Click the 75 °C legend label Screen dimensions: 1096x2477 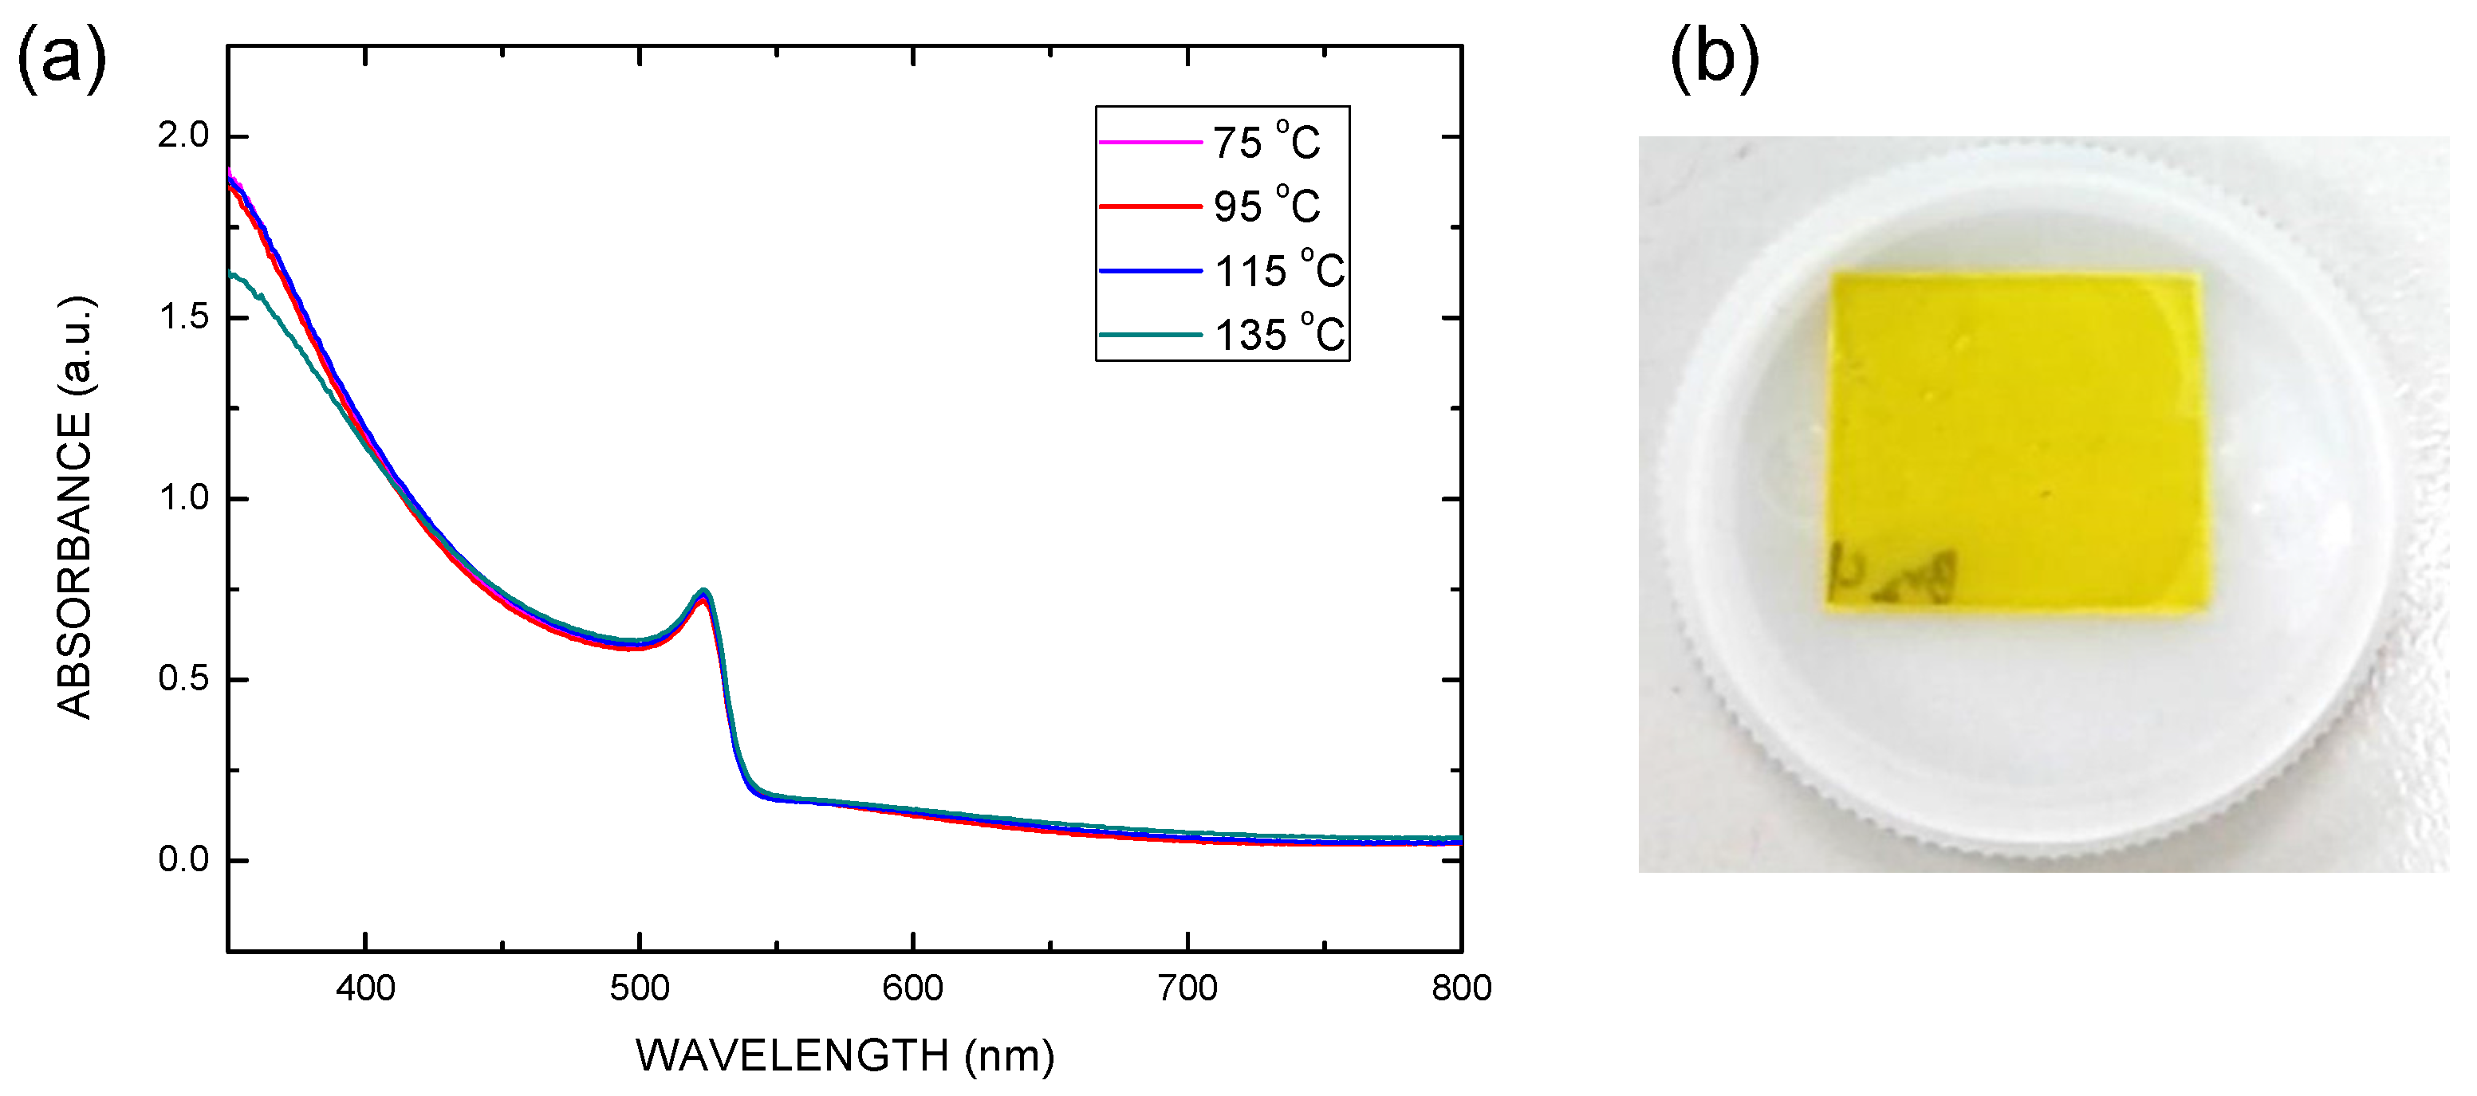tap(1266, 143)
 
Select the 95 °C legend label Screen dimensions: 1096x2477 tap(1266, 206)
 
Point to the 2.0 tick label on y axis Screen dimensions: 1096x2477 tap(183, 136)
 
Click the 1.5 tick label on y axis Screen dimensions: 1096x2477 tap(183, 316)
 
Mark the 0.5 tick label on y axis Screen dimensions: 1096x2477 tap(183, 679)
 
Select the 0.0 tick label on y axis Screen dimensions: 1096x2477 tap(183, 859)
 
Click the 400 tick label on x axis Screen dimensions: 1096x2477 tap(365, 988)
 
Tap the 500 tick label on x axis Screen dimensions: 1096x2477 tap(640, 988)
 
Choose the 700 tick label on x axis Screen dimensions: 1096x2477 tap(1187, 988)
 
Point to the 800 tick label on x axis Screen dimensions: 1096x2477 tap(1461, 988)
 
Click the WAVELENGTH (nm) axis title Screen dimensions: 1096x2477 tap(845, 1055)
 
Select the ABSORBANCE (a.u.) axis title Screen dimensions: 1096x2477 tap(75, 508)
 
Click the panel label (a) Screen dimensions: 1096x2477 tap(61, 60)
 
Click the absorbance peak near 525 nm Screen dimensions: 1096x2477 tap(703, 592)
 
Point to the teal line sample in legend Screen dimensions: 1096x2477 tap(1150, 335)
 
